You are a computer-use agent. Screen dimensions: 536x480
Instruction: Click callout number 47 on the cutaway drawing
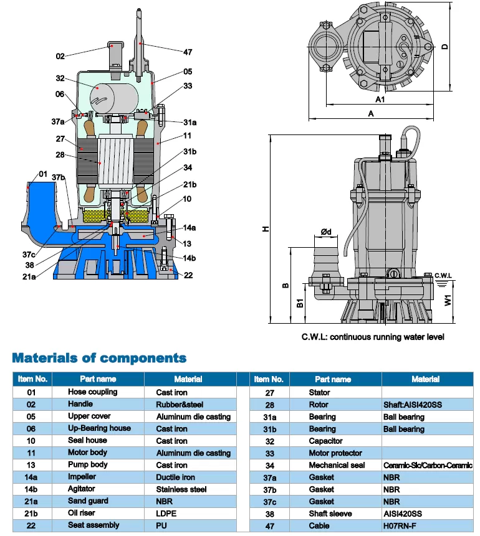coord(189,52)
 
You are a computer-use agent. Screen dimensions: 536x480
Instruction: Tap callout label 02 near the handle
coord(60,56)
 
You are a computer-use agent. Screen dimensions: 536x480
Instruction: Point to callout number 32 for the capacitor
coord(60,78)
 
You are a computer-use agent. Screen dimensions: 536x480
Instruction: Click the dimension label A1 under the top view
coord(380,100)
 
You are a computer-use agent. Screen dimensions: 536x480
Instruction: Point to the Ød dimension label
coord(325,232)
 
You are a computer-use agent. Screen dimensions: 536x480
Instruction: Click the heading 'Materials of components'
coord(100,358)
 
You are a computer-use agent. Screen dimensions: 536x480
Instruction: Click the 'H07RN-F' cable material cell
coord(401,525)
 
